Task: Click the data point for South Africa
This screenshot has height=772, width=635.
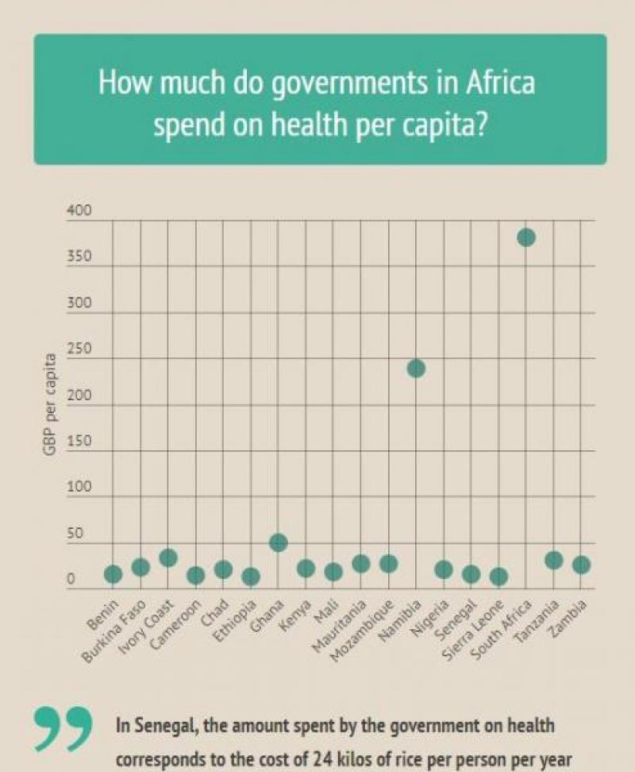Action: point(526,237)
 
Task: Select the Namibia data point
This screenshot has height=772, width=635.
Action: point(416,369)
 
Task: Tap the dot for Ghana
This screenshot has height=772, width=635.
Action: point(278,542)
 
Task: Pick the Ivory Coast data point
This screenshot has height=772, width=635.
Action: point(168,558)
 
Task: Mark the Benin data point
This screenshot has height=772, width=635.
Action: point(113,573)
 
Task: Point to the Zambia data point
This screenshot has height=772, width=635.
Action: point(581,565)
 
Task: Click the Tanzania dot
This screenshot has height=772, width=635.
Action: point(554,560)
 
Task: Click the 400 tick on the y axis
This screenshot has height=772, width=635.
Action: point(79,211)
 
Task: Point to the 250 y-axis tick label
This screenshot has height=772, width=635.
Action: point(79,350)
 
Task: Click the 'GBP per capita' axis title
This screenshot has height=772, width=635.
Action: point(52,404)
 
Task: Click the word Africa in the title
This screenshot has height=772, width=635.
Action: point(498,83)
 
